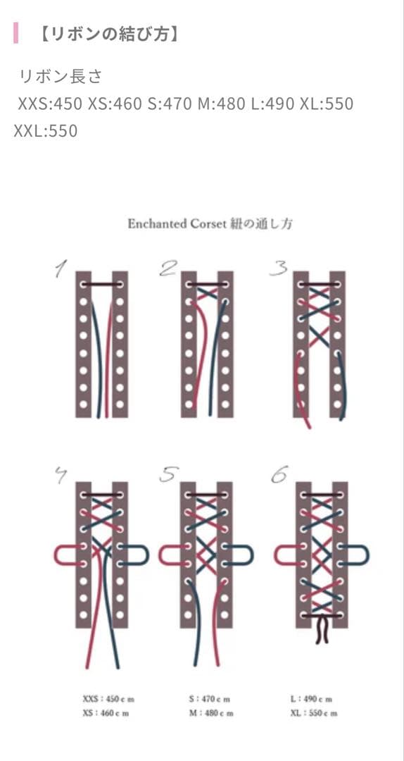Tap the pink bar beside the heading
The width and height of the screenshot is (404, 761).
tap(16, 33)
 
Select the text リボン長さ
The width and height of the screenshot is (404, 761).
tap(61, 77)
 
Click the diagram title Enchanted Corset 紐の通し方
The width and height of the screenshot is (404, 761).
tap(210, 224)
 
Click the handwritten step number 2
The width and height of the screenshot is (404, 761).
tap(168, 268)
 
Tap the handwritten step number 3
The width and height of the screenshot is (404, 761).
tap(278, 268)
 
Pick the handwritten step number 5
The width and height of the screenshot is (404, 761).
tap(169, 475)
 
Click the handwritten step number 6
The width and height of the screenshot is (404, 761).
tap(279, 475)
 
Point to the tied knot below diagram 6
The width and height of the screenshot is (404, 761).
tap(322, 629)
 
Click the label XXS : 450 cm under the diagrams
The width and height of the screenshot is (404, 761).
tap(108, 700)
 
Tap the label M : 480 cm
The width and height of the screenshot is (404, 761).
tap(211, 713)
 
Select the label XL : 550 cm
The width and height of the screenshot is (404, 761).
tap(314, 713)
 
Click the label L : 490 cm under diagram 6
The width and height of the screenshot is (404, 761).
tap(311, 700)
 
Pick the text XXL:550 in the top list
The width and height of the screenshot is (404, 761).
tap(46, 132)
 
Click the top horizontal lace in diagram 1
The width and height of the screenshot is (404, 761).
tap(102, 284)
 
